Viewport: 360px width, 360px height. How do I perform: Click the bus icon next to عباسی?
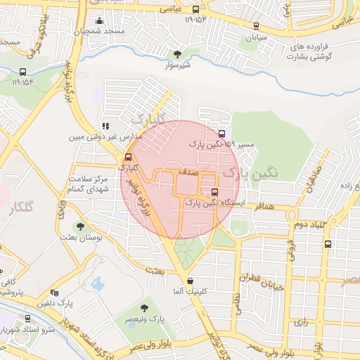click(x=195, y=10)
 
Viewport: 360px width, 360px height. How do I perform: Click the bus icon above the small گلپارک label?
click(x=128, y=157)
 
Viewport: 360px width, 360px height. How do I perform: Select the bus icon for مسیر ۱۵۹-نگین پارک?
click(x=222, y=134)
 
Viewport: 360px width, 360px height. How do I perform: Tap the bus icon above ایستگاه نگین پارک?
click(x=214, y=192)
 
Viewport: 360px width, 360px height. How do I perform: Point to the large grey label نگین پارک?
click(x=250, y=172)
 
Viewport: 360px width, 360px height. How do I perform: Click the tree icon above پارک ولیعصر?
click(x=144, y=308)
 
